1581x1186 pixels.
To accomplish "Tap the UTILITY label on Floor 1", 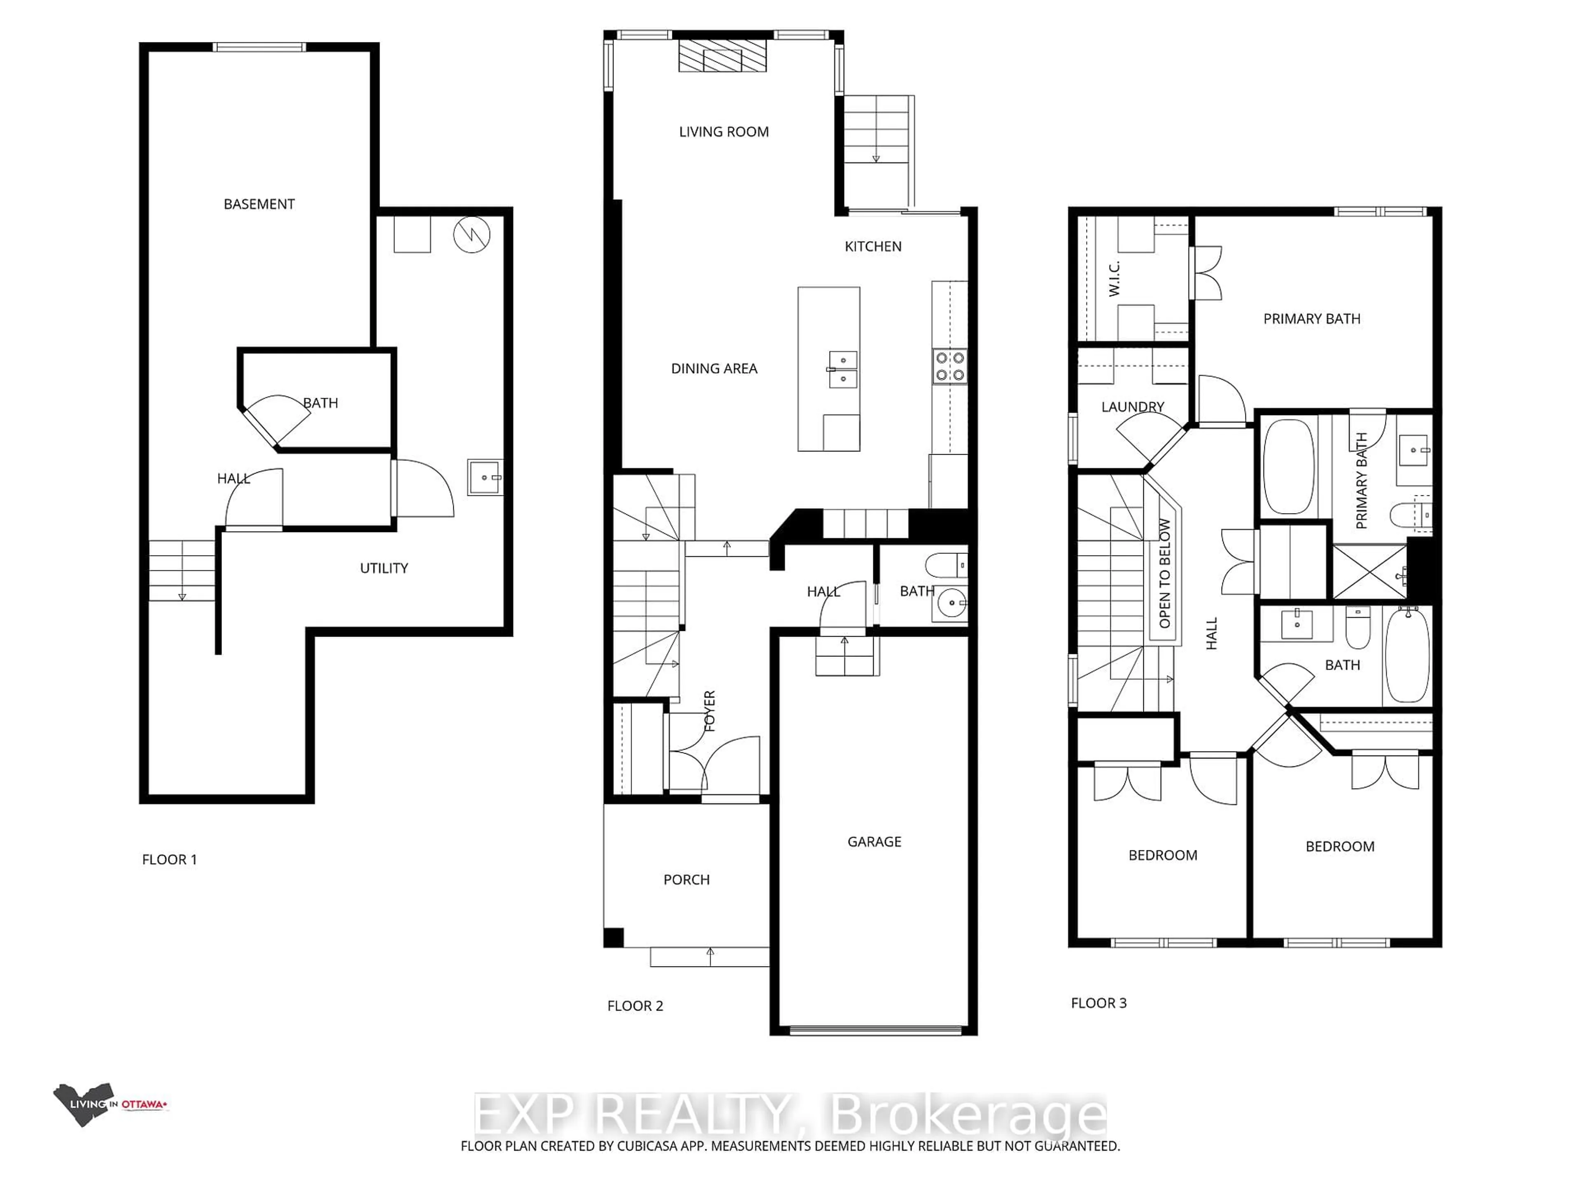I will (384, 568).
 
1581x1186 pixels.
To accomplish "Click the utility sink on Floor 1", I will (485, 477).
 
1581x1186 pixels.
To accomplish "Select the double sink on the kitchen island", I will (843, 369).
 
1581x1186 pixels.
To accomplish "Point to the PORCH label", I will (686, 880).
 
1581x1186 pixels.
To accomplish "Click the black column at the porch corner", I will (613, 937).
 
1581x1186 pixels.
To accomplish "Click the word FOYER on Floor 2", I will (710, 711).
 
